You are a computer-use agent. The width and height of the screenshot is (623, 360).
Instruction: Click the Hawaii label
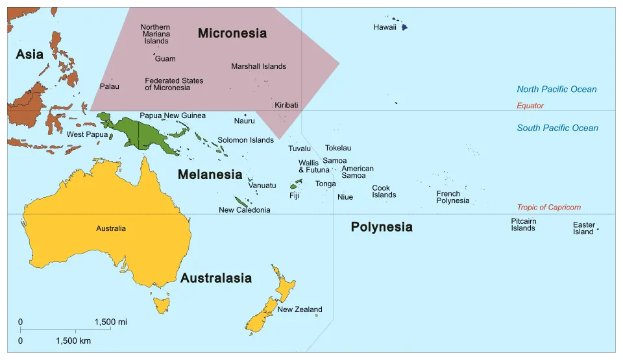[x=385, y=27]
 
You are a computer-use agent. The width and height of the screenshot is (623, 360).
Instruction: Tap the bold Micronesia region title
[x=232, y=33]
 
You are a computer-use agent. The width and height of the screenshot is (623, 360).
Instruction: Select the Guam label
[x=165, y=59]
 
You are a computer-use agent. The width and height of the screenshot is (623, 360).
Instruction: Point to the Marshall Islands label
[x=258, y=66]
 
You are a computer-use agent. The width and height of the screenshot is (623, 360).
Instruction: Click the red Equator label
[x=530, y=106]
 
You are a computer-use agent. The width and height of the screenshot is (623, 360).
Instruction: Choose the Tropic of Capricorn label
[x=548, y=208]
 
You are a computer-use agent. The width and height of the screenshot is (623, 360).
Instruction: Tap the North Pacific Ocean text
[x=556, y=90]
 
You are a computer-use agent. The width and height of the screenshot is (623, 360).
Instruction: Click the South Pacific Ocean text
[x=557, y=128]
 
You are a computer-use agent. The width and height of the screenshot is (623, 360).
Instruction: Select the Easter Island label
[x=583, y=228]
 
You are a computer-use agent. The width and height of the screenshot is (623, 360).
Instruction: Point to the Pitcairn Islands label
[x=523, y=224]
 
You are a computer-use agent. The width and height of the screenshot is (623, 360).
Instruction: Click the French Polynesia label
[x=452, y=197]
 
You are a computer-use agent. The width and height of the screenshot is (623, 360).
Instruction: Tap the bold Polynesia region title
[x=381, y=227]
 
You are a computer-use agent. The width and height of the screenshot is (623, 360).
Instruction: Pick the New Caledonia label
[x=244, y=210]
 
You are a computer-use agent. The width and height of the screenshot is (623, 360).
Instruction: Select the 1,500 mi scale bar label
[x=110, y=322]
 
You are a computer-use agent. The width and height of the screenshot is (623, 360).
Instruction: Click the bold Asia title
[x=30, y=54]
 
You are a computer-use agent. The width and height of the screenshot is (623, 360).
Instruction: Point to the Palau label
[x=109, y=86]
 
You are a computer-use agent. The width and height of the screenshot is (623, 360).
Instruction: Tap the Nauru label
[x=244, y=121]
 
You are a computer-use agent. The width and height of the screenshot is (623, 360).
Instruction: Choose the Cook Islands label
[x=384, y=192]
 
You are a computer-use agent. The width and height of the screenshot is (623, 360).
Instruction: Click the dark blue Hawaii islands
[x=403, y=27]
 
